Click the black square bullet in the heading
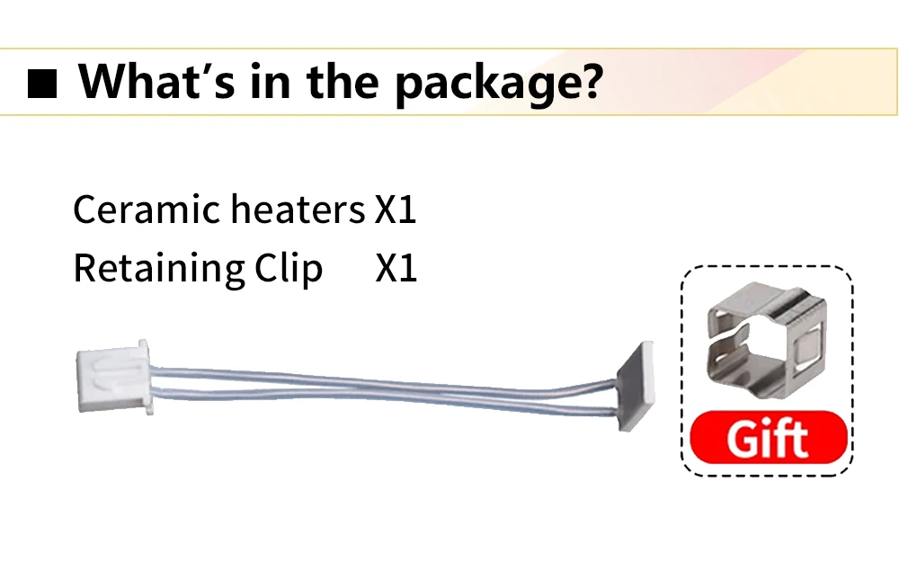(x=43, y=85)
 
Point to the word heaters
(x=298, y=210)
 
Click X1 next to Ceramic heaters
(x=396, y=210)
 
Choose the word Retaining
(x=157, y=269)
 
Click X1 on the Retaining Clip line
(x=396, y=269)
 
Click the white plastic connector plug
(x=112, y=379)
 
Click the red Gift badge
(x=768, y=439)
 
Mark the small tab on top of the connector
(x=141, y=345)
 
